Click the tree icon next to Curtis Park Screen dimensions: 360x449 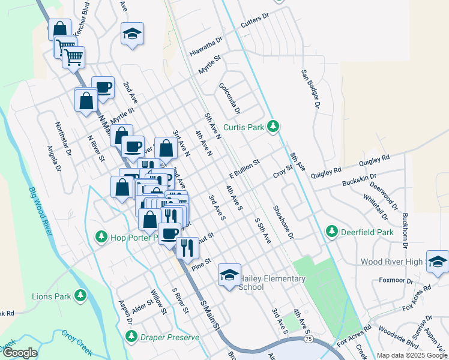(x=274, y=127)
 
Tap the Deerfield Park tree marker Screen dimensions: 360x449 (x=331, y=231)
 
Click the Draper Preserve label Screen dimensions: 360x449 (x=169, y=338)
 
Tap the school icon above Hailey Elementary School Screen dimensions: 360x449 (x=229, y=274)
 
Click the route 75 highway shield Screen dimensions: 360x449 (x=307, y=339)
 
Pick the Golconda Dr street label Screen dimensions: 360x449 (x=229, y=98)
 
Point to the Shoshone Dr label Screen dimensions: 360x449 (x=283, y=222)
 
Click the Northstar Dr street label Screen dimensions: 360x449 (x=63, y=139)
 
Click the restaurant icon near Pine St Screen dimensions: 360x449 (x=187, y=248)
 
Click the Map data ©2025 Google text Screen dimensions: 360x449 (x=412, y=355)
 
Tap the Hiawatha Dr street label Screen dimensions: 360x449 (x=205, y=46)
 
